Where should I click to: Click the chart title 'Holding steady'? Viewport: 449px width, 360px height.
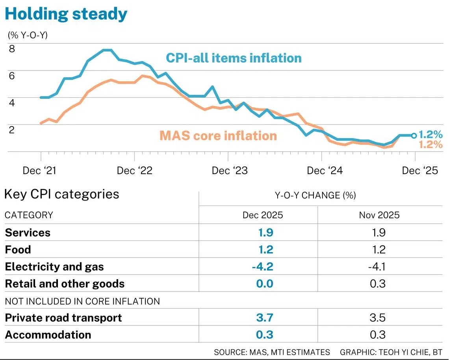coord(66,14)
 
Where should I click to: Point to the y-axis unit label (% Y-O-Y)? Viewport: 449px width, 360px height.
coord(28,35)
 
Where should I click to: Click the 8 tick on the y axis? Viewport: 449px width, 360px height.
coord(12,49)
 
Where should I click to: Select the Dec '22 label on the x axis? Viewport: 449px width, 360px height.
coord(135,171)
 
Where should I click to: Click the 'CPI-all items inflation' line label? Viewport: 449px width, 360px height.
coord(234,58)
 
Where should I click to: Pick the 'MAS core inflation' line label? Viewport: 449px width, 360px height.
coord(218,135)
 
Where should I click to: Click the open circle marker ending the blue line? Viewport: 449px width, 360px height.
coord(414,135)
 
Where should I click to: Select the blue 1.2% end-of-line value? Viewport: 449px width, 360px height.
coord(430,134)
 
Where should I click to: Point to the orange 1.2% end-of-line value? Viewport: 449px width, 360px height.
coord(430,145)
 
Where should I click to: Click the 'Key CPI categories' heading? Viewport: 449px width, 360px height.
coord(61,194)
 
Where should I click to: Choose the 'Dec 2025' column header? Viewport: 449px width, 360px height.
coord(262,215)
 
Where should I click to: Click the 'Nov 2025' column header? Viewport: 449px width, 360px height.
coord(379,215)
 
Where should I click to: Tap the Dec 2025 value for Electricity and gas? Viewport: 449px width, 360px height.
coord(262,267)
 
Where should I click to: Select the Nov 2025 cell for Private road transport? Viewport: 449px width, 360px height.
coord(378,318)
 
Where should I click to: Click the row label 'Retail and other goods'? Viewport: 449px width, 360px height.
coord(65,284)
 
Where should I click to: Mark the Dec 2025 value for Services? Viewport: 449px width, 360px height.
coord(265,232)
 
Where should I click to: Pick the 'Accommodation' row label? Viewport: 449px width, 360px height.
coord(48,335)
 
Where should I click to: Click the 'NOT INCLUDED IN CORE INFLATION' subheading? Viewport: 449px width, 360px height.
coord(82,301)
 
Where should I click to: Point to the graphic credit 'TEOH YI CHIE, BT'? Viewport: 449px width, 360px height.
coord(410,352)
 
